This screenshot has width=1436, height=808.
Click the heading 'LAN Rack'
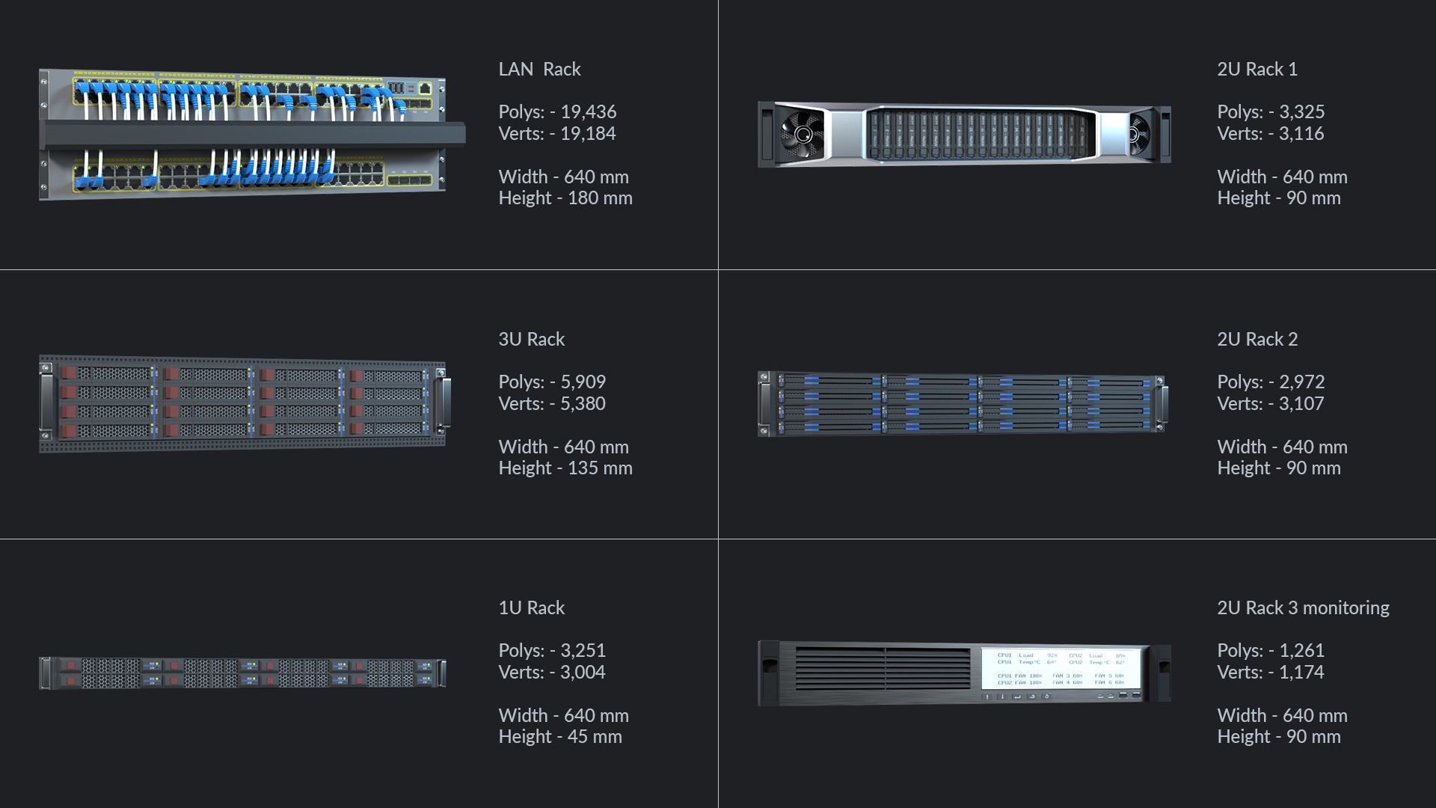[x=539, y=70]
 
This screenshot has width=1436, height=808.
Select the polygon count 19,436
[x=588, y=112]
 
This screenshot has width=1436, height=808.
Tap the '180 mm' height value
[x=600, y=198]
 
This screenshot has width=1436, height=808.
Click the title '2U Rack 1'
[x=1256, y=70]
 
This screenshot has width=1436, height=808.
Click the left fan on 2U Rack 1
[x=803, y=135]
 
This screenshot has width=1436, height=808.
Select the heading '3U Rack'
[x=531, y=340]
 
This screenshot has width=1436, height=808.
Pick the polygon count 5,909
[x=583, y=382]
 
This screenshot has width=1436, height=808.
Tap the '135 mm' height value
[x=600, y=468]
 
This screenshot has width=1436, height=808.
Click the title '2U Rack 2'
[x=1256, y=340]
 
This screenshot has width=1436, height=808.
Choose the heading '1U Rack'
[x=531, y=608]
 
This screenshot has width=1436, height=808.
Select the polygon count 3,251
[x=583, y=651]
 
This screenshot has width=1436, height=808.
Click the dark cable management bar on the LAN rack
[x=254, y=135]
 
